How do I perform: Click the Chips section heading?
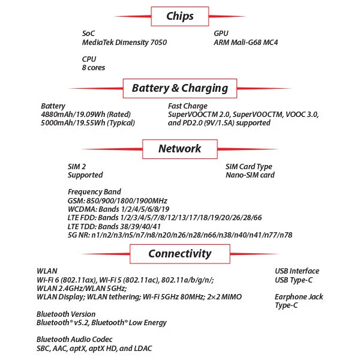click(180, 16)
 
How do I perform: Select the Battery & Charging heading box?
click(180, 88)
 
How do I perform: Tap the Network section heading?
click(180, 148)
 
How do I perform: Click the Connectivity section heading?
click(180, 253)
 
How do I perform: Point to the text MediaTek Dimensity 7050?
click(124, 43)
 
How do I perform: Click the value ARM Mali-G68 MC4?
click(246, 43)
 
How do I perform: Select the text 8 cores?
click(94, 68)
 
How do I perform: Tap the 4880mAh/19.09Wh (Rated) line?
click(86, 115)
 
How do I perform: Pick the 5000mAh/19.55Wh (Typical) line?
click(88, 123)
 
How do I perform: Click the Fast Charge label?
click(188, 106)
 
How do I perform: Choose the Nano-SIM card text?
click(250, 175)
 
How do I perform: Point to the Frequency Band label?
click(94, 192)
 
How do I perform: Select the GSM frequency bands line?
click(117, 200)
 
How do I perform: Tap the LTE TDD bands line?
click(114, 226)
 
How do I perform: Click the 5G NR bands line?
click(180, 235)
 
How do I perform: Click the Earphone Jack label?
click(299, 297)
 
